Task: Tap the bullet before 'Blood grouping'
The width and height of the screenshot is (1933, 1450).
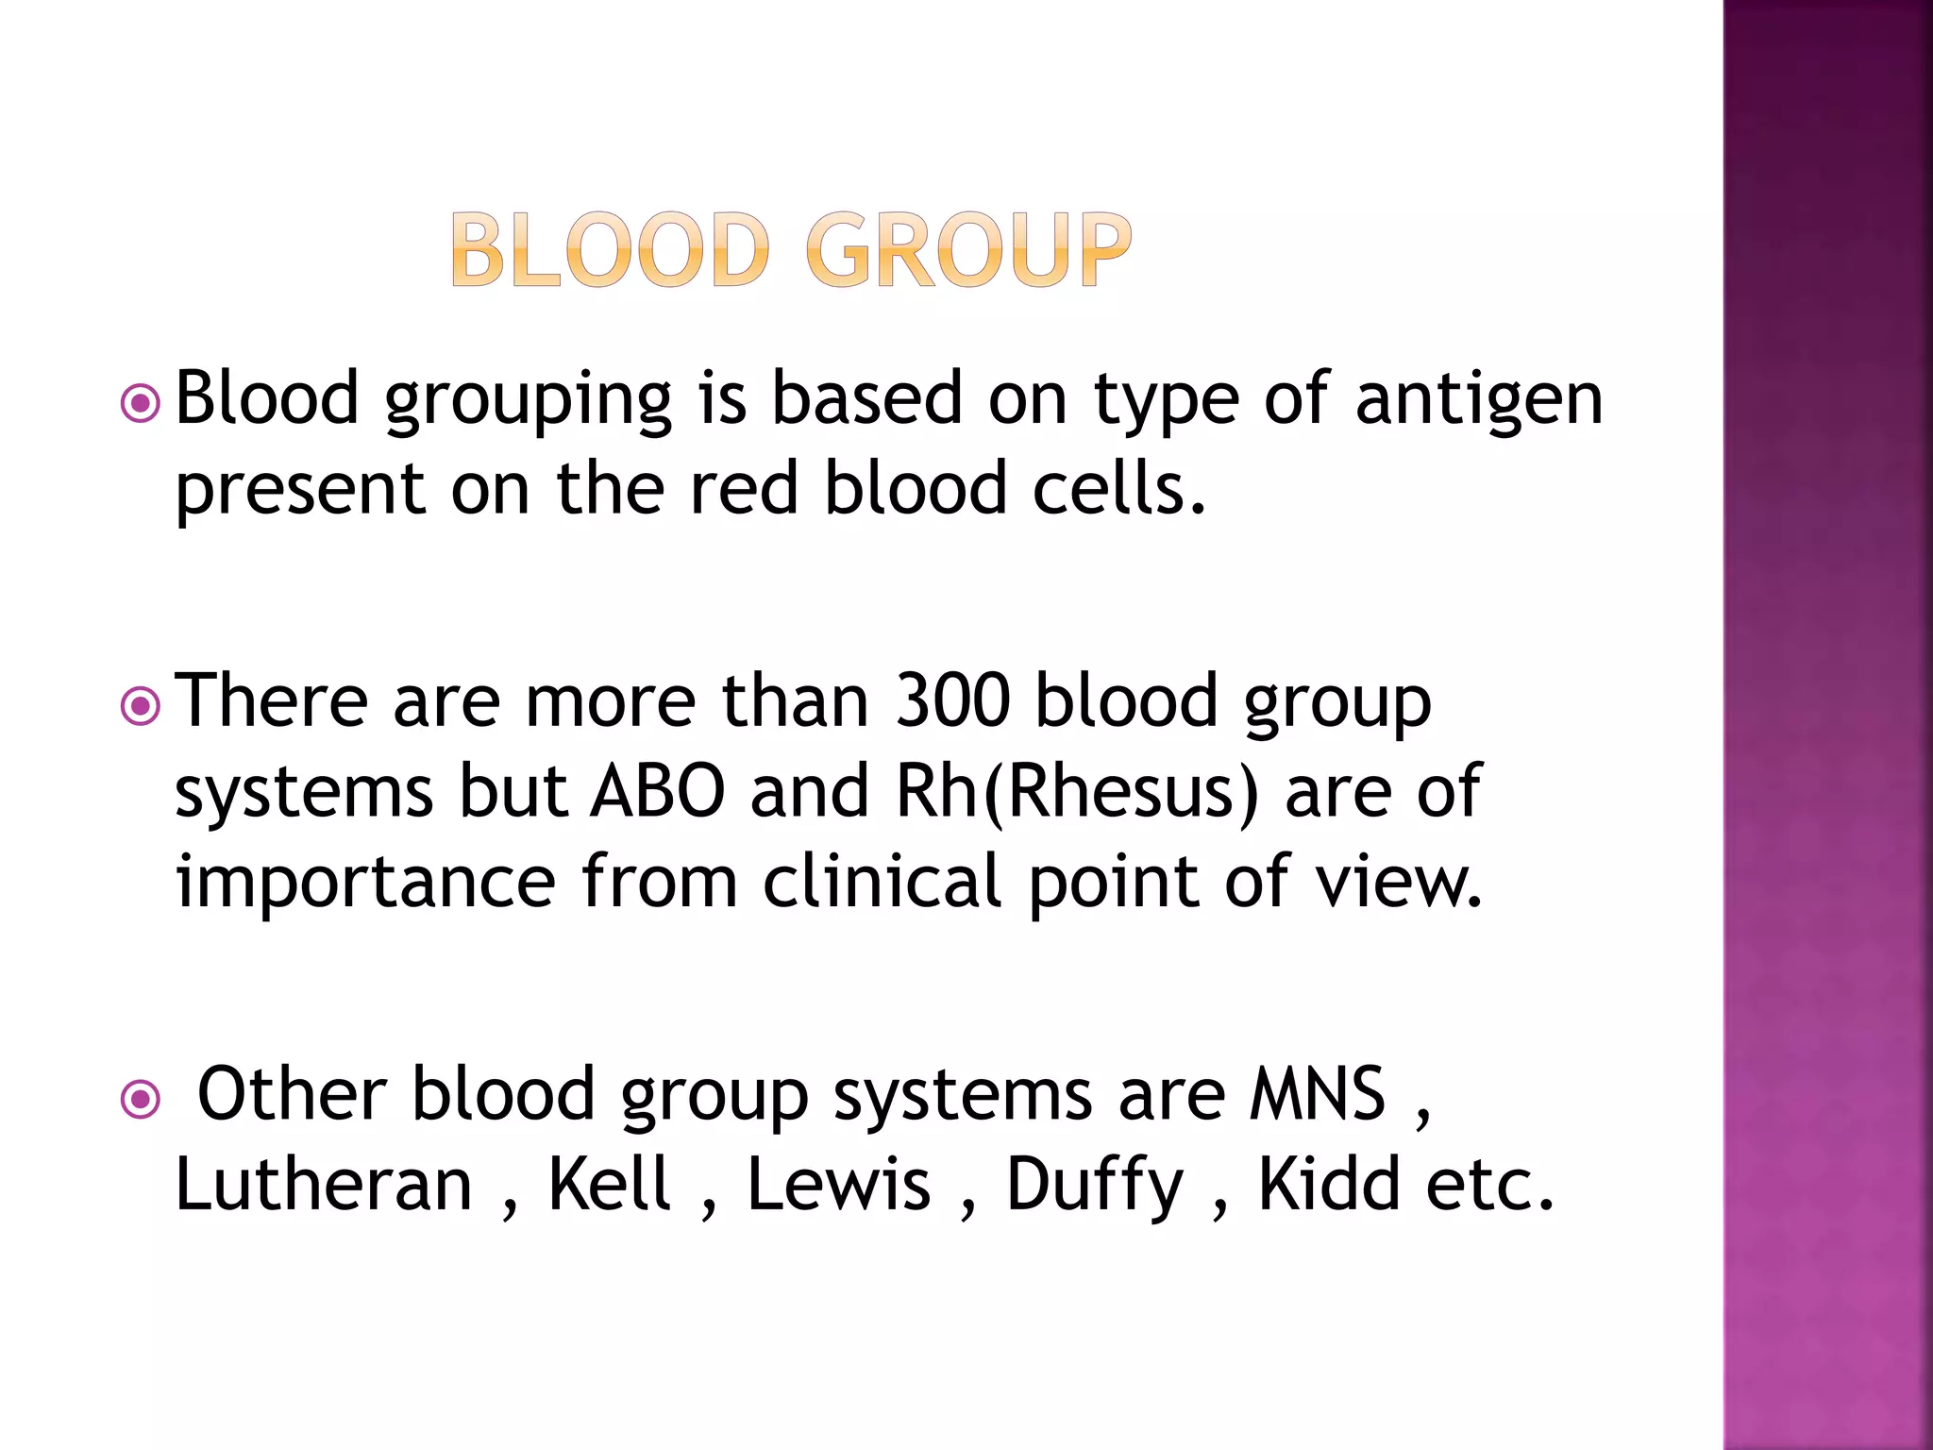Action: pyautogui.click(x=141, y=405)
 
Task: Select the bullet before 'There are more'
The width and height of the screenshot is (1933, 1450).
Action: pyautogui.click(x=141, y=706)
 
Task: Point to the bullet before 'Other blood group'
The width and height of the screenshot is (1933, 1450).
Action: pyautogui.click(x=141, y=1099)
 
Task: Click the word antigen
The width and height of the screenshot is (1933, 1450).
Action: pyautogui.click(x=1479, y=400)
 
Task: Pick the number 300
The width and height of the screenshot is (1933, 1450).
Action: pyautogui.click(x=952, y=701)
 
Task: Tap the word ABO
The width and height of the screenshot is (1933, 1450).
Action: pyautogui.click(x=657, y=791)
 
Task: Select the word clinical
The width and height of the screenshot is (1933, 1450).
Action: pyautogui.click(x=882, y=881)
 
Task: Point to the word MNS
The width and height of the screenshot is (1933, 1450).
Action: pyautogui.click(x=1318, y=1094)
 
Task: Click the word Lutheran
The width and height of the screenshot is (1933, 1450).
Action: pyautogui.click(x=324, y=1184)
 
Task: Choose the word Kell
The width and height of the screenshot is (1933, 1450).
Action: pyautogui.click(x=610, y=1184)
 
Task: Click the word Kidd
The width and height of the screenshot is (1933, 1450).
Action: pyautogui.click(x=1329, y=1184)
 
